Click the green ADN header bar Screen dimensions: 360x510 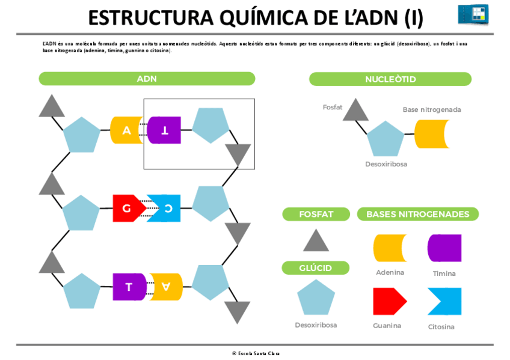(x=147, y=79)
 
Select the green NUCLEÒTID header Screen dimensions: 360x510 (x=390, y=79)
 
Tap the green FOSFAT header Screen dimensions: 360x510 (x=316, y=214)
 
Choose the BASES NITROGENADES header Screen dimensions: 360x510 (x=417, y=214)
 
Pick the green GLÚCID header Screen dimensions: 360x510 (x=315, y=268)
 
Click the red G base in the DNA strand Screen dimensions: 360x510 (x=127, y=209)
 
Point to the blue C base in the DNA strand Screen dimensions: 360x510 (x=165, y=209)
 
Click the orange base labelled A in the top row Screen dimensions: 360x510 (x=126, y=130)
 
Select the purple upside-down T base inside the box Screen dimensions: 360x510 (x=164, y=130)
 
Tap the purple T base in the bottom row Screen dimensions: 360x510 (x=129, y=287)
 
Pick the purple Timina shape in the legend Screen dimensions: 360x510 (x=444, y=248)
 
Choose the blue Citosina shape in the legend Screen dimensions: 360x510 (x=445, y=301)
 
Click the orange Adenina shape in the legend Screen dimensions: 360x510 (x=390, y=248)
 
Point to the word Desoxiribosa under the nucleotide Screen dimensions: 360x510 (x=386, y=164)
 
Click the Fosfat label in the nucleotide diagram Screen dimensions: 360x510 (x=332, y=108)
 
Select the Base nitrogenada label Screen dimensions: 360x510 (x=432, y=110)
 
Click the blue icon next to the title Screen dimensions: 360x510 (x=473, y=14)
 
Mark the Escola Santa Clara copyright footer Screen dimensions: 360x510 (x=256, y=353)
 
